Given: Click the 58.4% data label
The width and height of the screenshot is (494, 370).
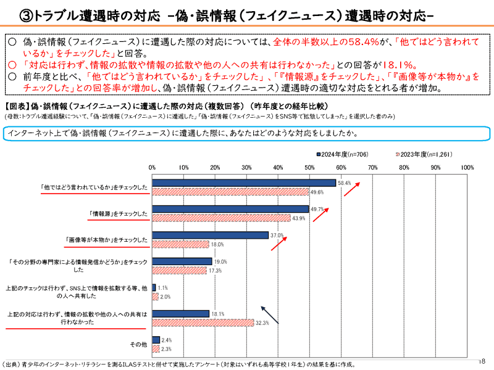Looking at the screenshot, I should [x=345, y=183].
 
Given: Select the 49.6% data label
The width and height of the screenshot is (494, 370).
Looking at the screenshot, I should [x=317, y=192].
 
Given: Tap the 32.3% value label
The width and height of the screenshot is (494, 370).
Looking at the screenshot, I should [x=262, y=323].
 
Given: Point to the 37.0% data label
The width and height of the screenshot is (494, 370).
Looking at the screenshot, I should [x=277, y=236].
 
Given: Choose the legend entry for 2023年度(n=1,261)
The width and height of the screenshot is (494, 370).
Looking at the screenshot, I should [x=420, y=153].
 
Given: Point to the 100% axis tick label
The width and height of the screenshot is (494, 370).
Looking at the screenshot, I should [x=467, y=168].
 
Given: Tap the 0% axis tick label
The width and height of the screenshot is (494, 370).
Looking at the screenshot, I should [x=153, y=168].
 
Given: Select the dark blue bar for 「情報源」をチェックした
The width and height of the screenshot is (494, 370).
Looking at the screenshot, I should [x=230, y=209].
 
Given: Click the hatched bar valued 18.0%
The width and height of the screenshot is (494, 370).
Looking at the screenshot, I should [x=181, y=244].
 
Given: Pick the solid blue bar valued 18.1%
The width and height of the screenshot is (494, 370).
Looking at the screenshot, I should [x=181, y=314].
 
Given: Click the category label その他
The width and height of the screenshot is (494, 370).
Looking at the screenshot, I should [x=138, y=343].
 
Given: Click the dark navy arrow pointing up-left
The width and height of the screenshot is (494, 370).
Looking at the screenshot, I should [x=269, y=315].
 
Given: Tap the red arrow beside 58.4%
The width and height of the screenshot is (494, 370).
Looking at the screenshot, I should [x=352, y=188].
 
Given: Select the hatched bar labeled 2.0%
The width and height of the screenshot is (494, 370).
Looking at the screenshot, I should [x=155, y=296].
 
